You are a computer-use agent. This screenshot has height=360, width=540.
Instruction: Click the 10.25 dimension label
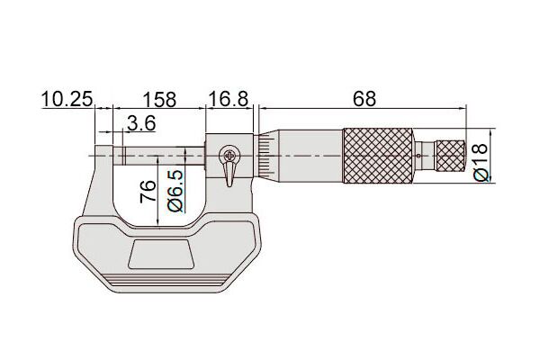point(67,100)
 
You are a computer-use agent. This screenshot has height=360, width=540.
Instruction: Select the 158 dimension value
point(159,100)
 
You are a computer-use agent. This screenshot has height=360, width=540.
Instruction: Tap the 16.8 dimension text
point(229,99)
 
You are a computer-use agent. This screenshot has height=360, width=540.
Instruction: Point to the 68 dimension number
point(364,99)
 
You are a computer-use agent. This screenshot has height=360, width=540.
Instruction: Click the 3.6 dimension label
point(141,123)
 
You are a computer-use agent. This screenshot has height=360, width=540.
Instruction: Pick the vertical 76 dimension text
point(148,191)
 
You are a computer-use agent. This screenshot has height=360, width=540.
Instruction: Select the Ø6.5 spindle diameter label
point(175,191)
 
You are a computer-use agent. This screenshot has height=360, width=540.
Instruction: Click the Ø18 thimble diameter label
point(481,162)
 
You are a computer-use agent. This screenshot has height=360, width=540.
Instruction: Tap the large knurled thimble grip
point(378,156)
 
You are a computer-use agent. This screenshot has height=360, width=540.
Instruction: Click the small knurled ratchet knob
point(451,156)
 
